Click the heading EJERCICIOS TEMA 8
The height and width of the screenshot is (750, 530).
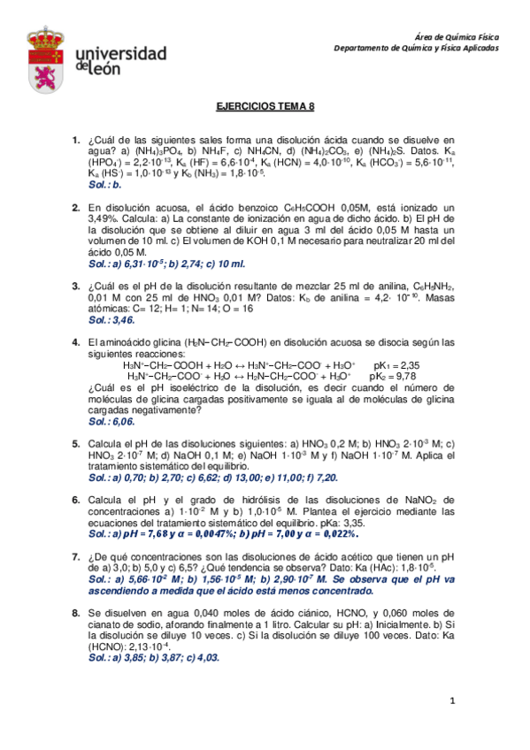coord(265,105)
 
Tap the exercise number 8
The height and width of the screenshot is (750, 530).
coord(75,611)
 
